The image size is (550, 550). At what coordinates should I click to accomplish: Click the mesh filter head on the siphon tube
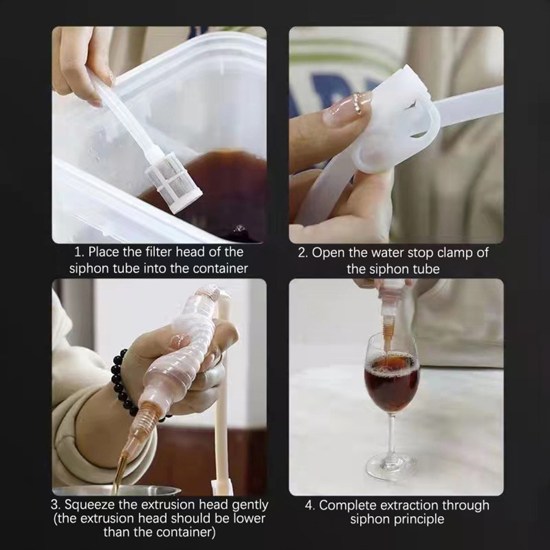(173, 186)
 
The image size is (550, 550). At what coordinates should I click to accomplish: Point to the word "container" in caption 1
(221, 268)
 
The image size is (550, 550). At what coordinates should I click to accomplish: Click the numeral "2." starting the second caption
(303, 253)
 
